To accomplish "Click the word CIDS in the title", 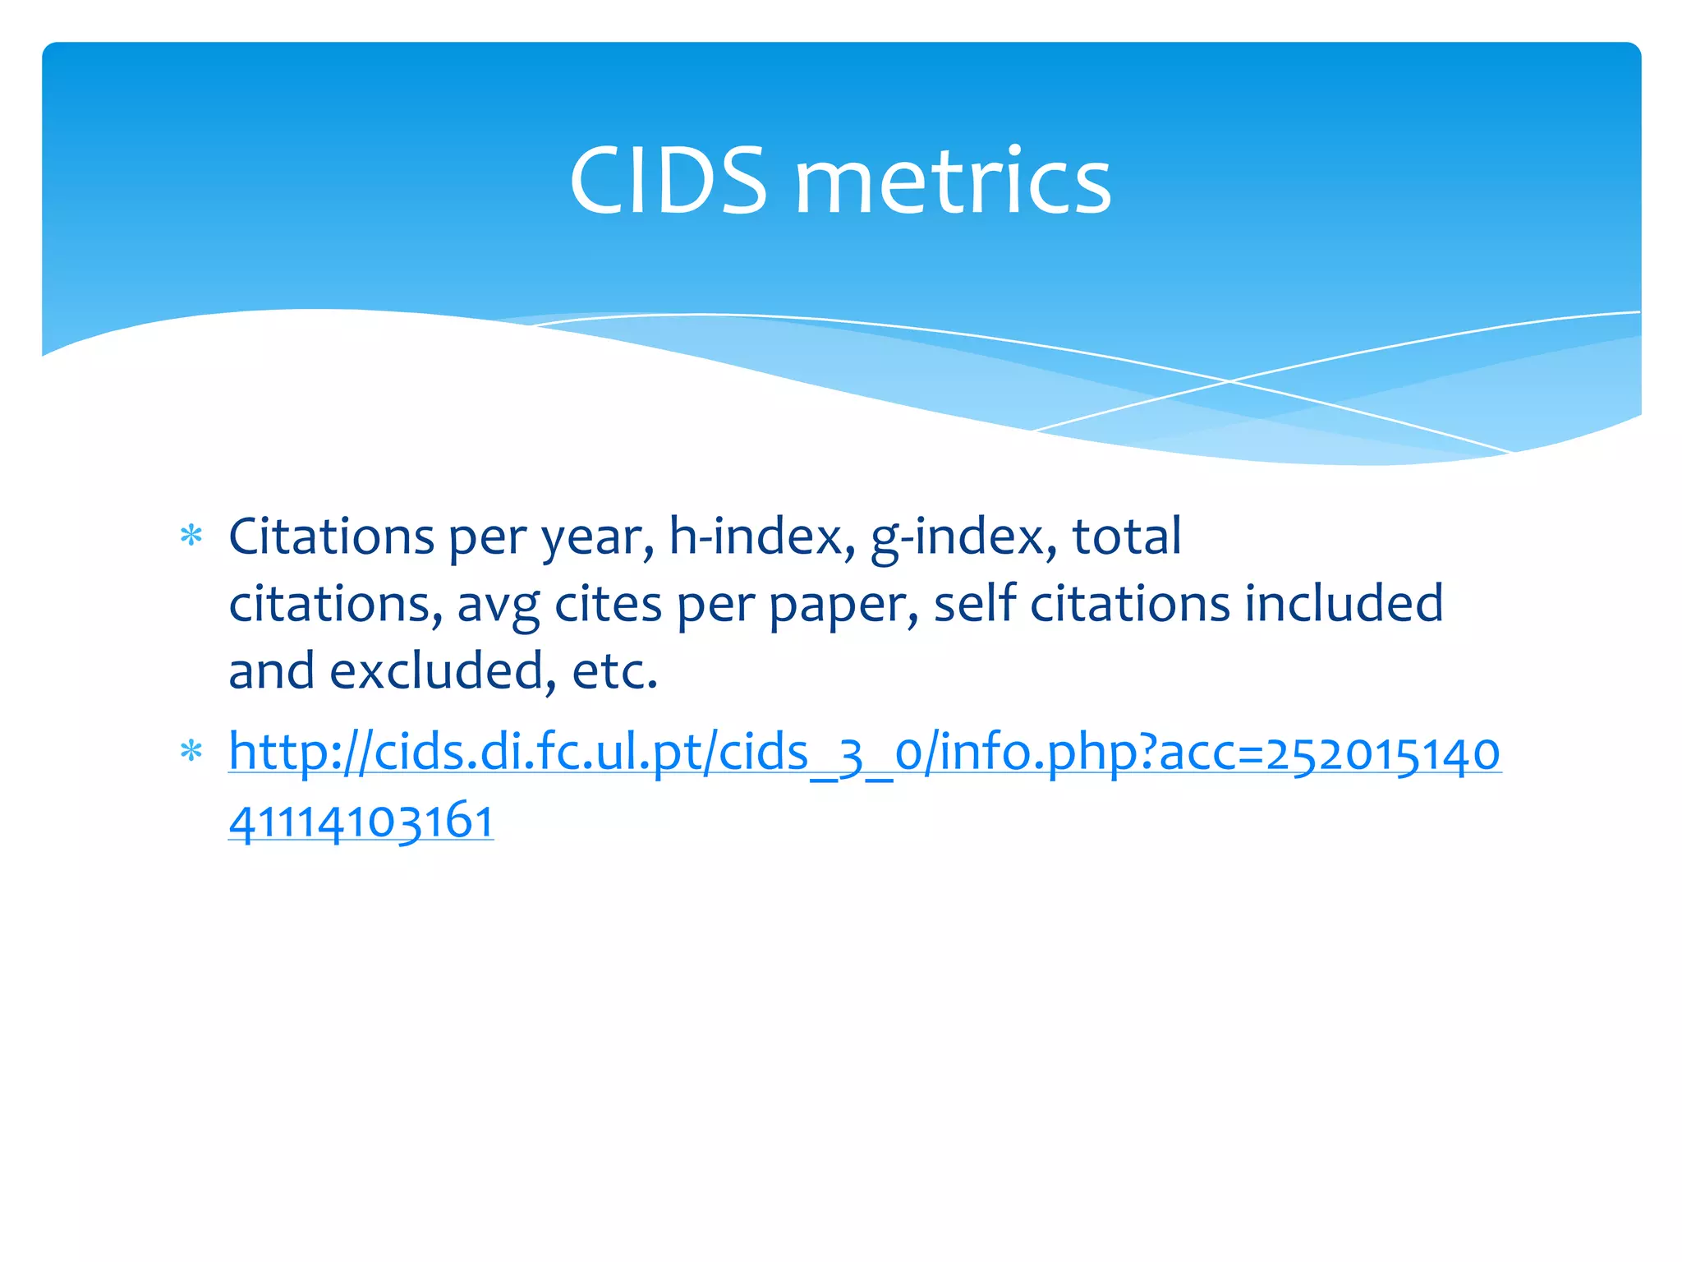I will (668, 181).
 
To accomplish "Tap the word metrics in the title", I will (953, 181).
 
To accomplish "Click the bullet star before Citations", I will (191, 537).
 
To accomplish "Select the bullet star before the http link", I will (191, 752).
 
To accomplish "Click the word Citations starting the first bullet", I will (331, 537).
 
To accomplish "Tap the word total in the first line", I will (1126, 537).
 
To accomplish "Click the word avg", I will (498, 606).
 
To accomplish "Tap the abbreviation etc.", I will (614, 672).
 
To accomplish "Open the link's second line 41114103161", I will (361, 821).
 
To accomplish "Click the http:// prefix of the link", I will (300, 753).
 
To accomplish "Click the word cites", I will (608, 605).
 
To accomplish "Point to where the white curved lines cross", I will (1229, 381).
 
